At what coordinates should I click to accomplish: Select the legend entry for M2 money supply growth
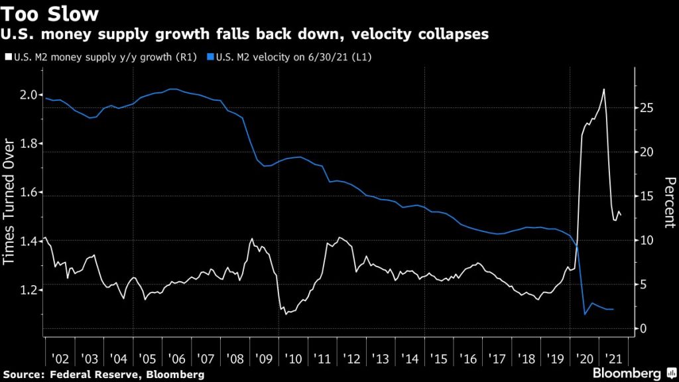coord(92,58)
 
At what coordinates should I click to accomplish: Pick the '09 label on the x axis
coord(264,359)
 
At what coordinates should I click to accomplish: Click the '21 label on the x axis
coord(613,359)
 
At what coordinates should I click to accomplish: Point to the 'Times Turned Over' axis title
coord(10,202)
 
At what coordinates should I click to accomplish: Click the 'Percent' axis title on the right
coord(669,202)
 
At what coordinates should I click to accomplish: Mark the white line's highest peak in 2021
coord(603,89)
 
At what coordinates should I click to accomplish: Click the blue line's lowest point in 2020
coord(585,314)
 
